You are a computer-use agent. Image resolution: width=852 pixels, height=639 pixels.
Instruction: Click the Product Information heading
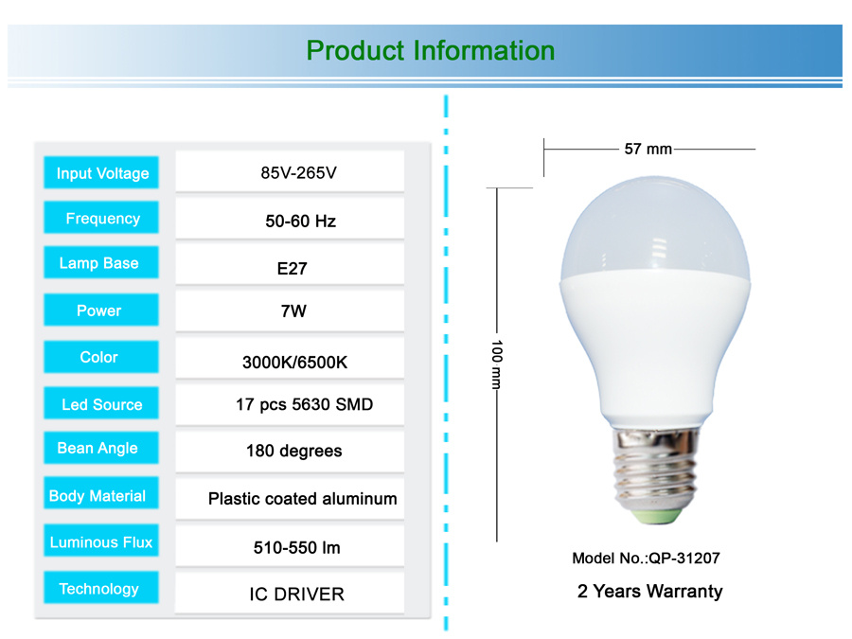pos(431,51)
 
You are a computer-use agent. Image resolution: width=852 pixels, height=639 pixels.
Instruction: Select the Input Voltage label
pos(102,173)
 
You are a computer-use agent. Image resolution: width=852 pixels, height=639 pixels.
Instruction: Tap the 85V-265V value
pos(298,173)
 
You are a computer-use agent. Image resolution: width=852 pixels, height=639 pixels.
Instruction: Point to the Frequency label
pos(102,219)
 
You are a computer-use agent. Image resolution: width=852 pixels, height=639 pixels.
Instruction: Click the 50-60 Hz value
pos(300,222)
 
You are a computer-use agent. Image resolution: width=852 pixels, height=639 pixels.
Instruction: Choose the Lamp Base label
pos(98,263)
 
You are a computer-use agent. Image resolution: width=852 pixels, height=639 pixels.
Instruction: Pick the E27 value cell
pos(292,269)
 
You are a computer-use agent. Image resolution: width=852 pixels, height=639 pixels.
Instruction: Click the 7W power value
pos(293,311)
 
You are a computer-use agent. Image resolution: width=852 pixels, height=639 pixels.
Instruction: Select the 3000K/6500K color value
pos(294,363)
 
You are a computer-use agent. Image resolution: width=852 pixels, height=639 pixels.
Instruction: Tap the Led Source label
pos(101,405)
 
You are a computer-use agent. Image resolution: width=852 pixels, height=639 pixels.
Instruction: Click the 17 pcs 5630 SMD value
pos(304,405)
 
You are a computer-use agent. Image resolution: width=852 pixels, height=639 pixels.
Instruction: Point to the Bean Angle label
pos(98,449)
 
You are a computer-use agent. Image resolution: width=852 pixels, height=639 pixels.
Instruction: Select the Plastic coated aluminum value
pos(302,499)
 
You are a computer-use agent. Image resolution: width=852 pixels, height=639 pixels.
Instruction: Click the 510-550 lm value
pos(296,547)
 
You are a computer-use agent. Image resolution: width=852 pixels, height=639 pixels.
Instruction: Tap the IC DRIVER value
pos(296,595)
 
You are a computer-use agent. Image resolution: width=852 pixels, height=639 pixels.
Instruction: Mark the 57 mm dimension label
pos(648,149)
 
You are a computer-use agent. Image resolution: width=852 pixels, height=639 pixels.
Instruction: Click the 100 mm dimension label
pos(497,364)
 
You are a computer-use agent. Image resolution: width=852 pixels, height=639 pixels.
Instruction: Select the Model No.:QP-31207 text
pos(646,558)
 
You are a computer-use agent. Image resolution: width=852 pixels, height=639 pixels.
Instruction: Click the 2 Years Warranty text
pos(649,591)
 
